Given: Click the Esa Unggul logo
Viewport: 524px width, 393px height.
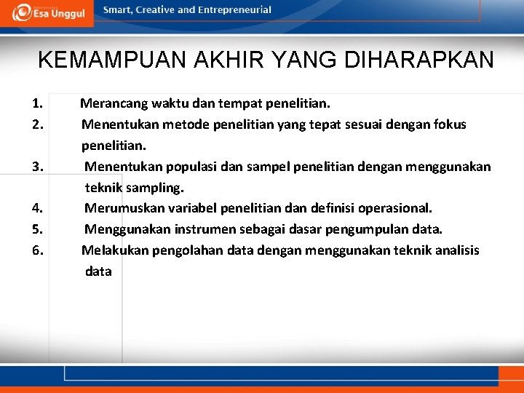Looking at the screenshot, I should (47, 12).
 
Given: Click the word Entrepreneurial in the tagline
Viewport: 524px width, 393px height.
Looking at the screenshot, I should (234, 10).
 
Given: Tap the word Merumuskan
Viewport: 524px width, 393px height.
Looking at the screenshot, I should (122, 208).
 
